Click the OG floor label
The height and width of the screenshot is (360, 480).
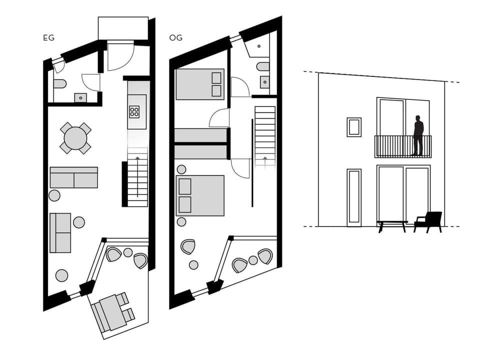175,37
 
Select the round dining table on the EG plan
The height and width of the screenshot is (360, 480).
75,137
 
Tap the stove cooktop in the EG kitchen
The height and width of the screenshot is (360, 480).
134,111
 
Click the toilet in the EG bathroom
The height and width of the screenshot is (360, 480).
59,83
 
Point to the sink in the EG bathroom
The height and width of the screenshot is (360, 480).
80,97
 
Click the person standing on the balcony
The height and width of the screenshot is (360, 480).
418,135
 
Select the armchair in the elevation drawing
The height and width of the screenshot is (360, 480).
428,221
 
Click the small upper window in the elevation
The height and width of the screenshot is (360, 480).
354,127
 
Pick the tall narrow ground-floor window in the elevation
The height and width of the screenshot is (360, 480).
354,197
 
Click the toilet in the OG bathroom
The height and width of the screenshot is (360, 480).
263,66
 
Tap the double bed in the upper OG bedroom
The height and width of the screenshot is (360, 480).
200,84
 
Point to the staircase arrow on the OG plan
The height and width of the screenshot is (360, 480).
264,160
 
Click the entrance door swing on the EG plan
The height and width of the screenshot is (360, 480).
120,57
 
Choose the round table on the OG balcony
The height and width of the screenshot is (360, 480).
253,260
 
